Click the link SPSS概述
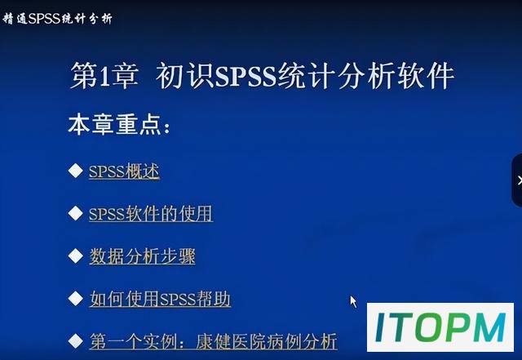click(124, 171)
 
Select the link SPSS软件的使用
click(150, 214)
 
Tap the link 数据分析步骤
click(142, 256)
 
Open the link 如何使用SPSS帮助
click(160, 299)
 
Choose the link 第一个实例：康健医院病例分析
click(214, 341)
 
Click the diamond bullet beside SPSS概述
click(76, 171)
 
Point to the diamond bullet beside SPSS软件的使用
click(76, 213)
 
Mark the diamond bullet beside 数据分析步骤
click(76, 256)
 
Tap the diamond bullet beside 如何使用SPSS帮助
click(76, 298)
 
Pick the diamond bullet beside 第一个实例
click(76, 341)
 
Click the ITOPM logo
click(440, 327)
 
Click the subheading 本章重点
click(119, 125)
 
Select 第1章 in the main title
click(104, 76)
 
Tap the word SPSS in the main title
click(246, 76)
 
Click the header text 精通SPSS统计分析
click(57, 18)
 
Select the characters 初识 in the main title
click(184, 76)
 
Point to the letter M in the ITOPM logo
click(488, 327)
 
